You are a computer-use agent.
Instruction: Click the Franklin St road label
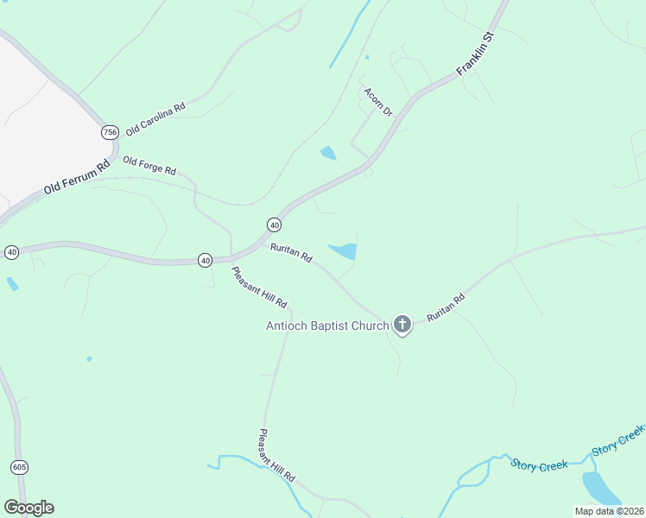pos(475,54)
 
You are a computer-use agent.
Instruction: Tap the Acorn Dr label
pos(377,102)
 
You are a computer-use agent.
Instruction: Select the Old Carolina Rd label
pos(155,120)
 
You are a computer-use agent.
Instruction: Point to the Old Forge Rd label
pos(149,164)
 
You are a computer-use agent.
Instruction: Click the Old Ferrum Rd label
pos(78,177)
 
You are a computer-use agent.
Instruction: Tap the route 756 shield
pos(109,132)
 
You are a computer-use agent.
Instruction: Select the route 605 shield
pos(20,467)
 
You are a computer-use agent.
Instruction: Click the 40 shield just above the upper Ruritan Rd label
pos(274,224)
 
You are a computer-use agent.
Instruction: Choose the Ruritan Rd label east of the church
pos(446,308)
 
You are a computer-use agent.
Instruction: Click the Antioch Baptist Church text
pos(327,325)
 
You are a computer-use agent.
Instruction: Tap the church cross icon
pos(402,325)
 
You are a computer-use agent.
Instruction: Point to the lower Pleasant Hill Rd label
pos(277,456)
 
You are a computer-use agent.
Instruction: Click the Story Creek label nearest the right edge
pos(618,440)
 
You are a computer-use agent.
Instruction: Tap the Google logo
pos(28,508)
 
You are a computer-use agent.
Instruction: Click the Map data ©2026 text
pos(608,511)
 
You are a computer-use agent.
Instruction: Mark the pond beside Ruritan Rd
pos(344,251)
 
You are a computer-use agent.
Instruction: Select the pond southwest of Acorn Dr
pos(328,154)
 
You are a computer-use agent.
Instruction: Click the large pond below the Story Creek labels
pos(601,489)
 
